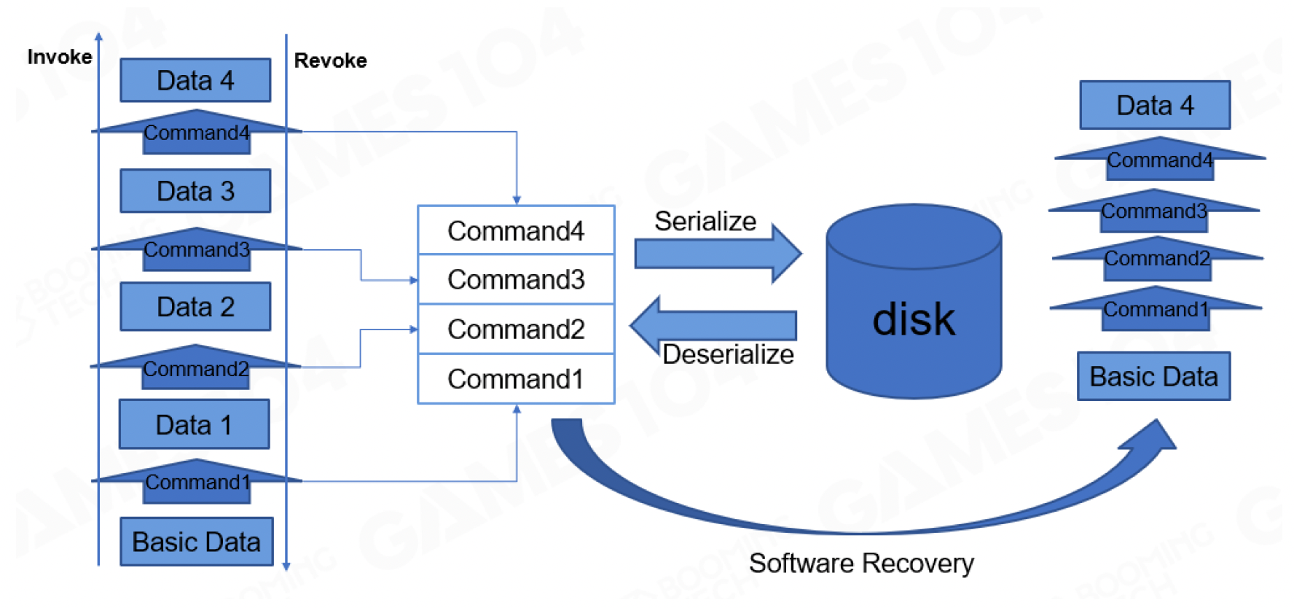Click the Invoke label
[x=60, y=57]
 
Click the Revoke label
[x=330, y=61]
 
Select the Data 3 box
[x=195, y=191]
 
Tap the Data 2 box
[x=195, y=307]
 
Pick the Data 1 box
[x=194, y=424]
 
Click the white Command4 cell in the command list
[x=516, y=230]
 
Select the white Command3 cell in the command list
[x=516, y=279]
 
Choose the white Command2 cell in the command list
[x=516, y=329]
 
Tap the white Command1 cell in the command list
[x=516, y=379]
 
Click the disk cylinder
[x=914, y=306]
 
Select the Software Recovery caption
[x=861, y=564]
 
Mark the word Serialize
[x=705, y=221]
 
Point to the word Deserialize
[x=728, y=354]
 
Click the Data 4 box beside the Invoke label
[x=195, y=80]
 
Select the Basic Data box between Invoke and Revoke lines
[x=197, y=542]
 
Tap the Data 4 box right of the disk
[x=1155, y=106]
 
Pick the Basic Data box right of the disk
[x=1153, y=376]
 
